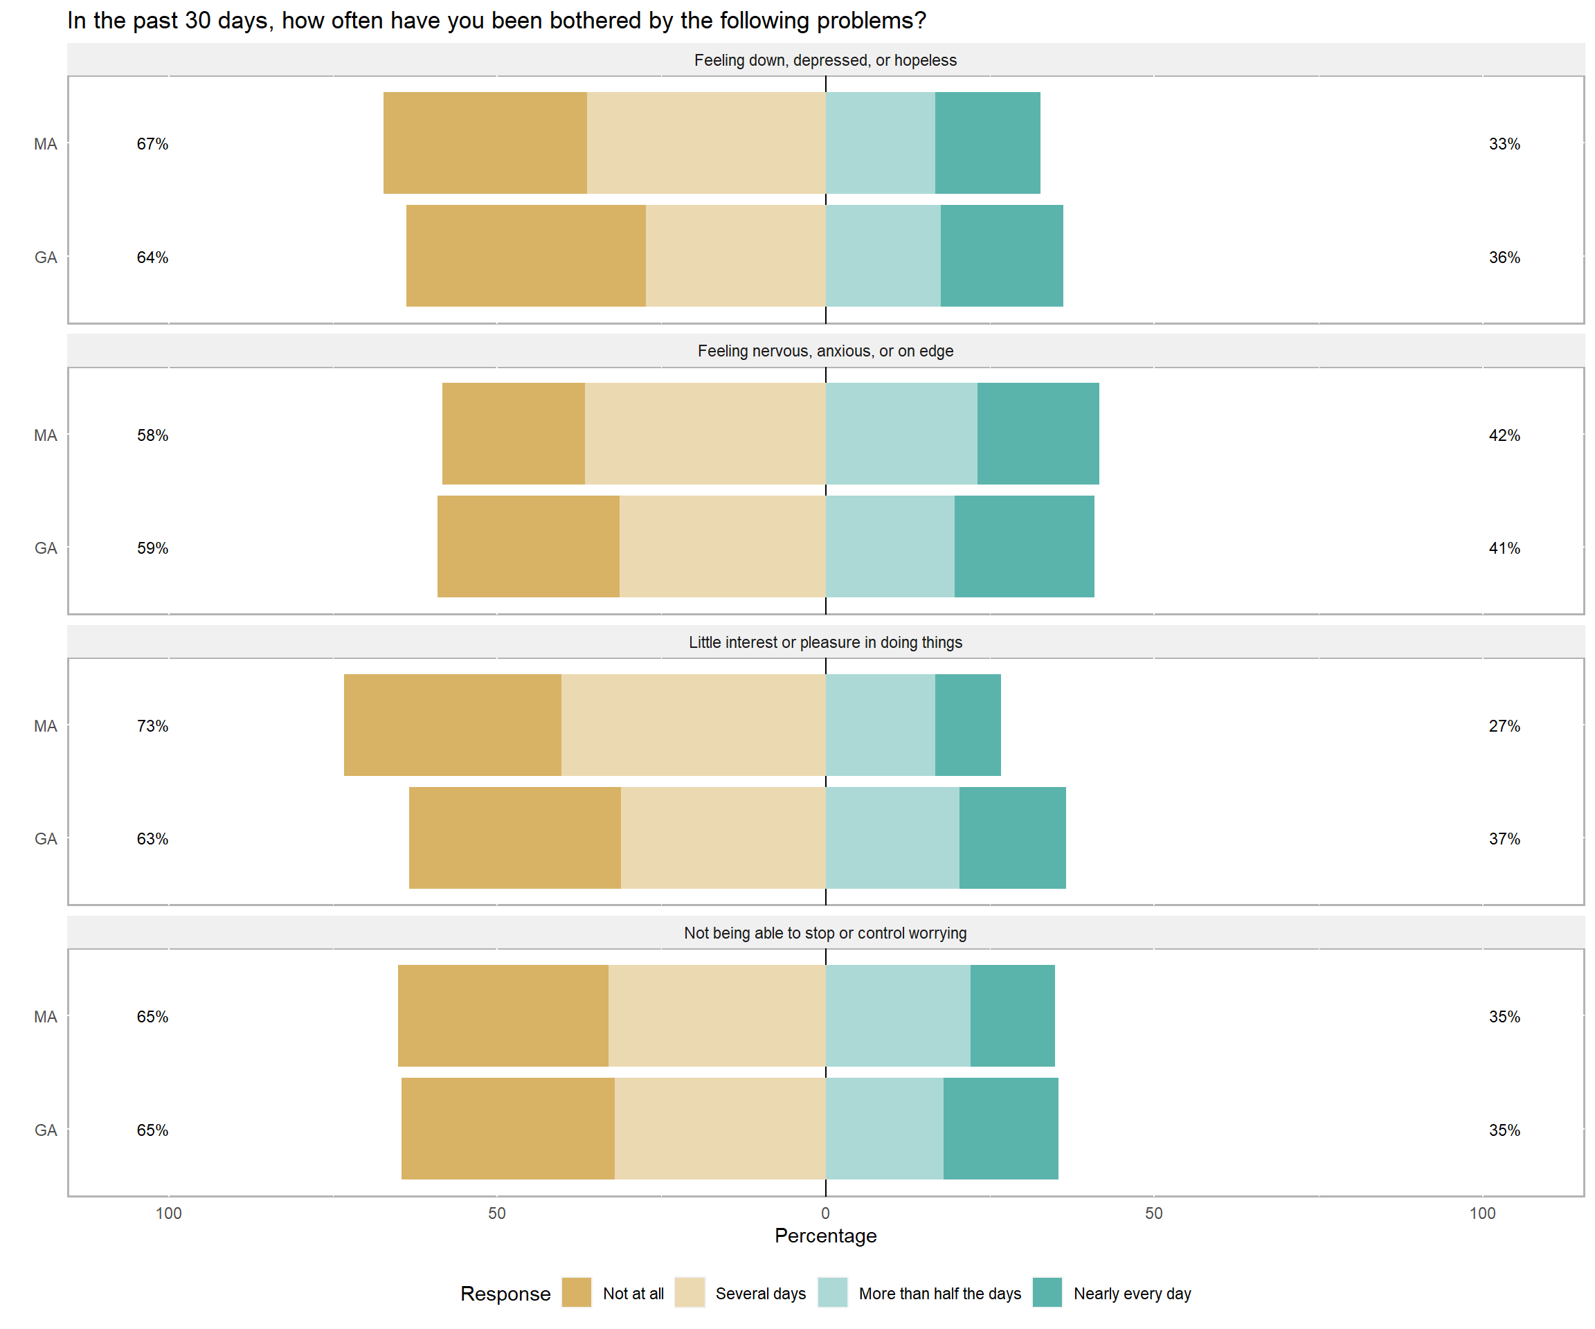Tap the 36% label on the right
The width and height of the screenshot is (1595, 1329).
[x=1504, y=257]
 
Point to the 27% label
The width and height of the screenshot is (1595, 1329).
[x=1504, y=726]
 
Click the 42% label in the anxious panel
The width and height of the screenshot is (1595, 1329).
[x=1504, y=435]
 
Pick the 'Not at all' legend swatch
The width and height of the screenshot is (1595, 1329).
[x=577, y=1292]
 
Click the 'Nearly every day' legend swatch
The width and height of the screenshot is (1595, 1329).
[x=1047, y=1292]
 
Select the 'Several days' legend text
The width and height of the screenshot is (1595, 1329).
[x=760, y=1293]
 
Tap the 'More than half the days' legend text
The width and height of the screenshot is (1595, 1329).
[x=939, y=1293]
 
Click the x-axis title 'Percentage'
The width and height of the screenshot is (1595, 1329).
[x=826, y=1236]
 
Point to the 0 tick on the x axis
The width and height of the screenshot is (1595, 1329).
[x=826, y=1213]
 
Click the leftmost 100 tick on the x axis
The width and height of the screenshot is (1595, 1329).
[x=169, y=1213]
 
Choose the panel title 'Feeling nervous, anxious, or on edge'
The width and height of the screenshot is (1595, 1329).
[x=826, y=351]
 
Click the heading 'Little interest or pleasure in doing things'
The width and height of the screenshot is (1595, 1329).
[x=826, y=642]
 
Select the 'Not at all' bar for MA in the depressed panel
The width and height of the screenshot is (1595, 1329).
[x=485, y=143]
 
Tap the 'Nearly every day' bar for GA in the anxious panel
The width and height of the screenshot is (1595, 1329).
[x=1024, y=547]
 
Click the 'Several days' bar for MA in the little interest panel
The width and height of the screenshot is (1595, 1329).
[x=694, y=725]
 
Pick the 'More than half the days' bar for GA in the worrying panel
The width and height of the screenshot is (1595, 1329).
[x=884, y=1128]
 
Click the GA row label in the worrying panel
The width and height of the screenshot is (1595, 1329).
[x=46, y=1130]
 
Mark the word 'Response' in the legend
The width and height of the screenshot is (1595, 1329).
[x=505, y=1293]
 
